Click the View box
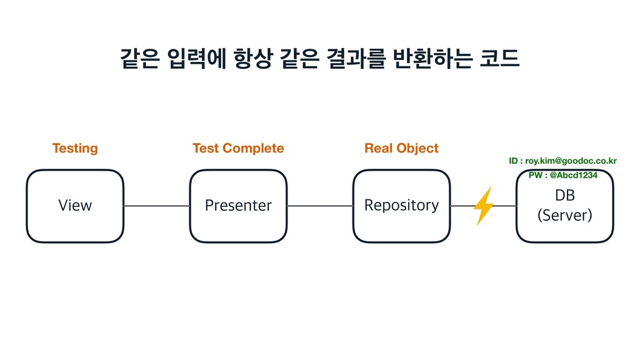[x=75, y=206]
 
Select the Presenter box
[x=238, y=206]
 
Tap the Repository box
[x=401, y=206]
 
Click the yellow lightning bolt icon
[x=483, y=206]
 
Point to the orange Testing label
[x=75, y=148]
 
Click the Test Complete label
[x=238, y=148]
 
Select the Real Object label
[x=401, y=148]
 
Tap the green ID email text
[x=562, y=161]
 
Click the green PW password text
[x=562, y=175]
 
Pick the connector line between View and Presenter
[x=156, y=206]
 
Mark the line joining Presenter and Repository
[x=319, y=206]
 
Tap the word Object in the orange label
[x=418, y=148]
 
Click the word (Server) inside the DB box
[x=564, y=216]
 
